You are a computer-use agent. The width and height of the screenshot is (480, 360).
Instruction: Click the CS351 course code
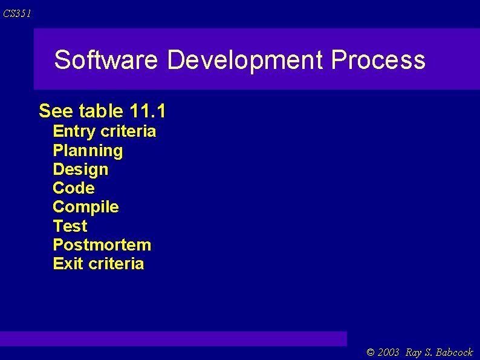16,14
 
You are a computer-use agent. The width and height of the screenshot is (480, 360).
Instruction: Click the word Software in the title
106,61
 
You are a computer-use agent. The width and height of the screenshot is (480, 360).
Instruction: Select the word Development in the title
245,61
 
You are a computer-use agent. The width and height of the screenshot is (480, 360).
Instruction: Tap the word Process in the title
378,61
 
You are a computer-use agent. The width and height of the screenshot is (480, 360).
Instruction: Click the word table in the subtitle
101,111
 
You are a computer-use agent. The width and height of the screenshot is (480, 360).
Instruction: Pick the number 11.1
148,111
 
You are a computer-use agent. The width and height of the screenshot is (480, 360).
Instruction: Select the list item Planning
88,151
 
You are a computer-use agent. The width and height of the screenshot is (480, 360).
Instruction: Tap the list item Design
80,169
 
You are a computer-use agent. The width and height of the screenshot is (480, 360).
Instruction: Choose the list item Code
74,188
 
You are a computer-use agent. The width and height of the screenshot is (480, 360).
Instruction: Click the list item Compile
86,207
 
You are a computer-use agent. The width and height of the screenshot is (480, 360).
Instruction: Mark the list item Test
70,226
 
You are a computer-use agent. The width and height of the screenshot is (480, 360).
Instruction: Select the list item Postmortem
102,245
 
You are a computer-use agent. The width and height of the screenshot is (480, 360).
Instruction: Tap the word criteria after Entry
128,131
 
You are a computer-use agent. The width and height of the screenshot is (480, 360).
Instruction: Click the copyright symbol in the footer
371,352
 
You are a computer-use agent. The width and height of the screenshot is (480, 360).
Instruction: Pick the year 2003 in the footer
389,352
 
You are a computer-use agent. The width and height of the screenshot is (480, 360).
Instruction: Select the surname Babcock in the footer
453,352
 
